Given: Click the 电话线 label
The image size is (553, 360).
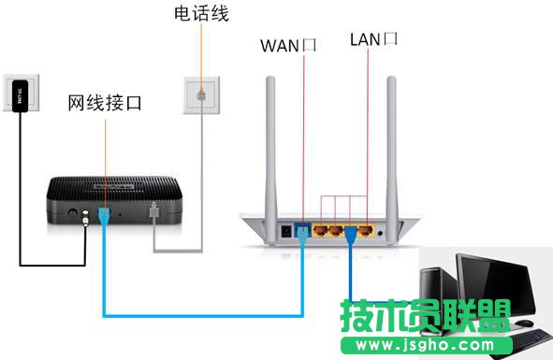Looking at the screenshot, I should point(201,14).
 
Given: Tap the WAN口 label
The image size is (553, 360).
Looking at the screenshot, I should point(290,43).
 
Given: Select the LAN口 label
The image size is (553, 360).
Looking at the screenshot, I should point(374,39).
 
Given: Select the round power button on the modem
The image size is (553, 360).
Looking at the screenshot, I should point(72,214).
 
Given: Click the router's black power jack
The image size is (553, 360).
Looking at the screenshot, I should point(284,229).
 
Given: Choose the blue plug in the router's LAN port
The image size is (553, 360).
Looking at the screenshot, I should point(353,230).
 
